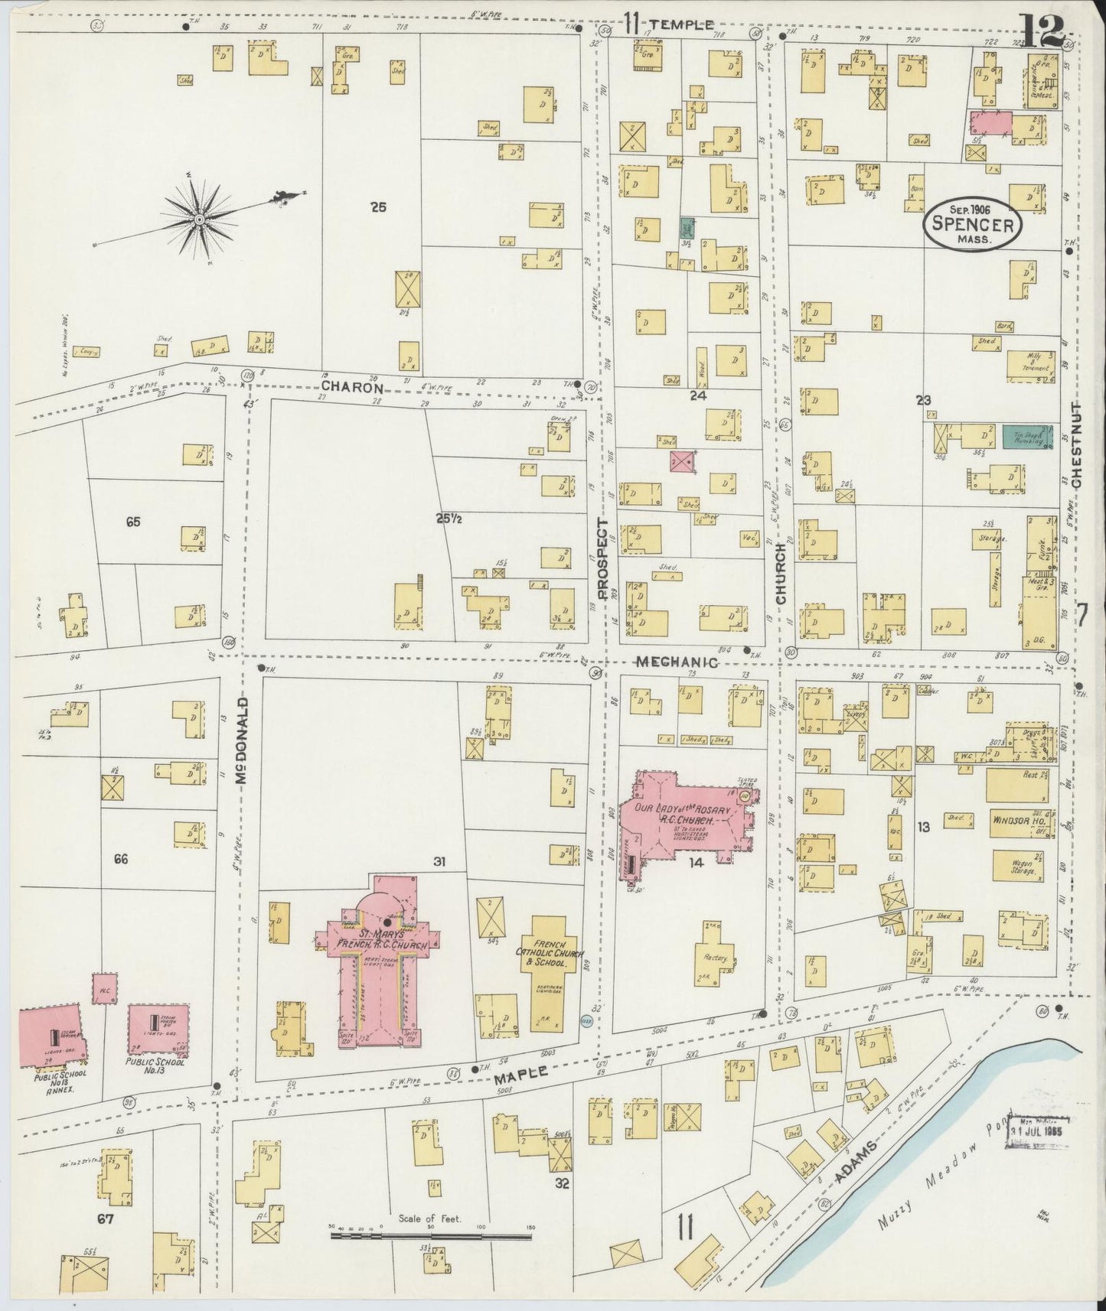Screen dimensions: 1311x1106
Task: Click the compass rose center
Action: (199, 220)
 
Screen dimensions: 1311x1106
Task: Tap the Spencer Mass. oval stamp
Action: (973, 225)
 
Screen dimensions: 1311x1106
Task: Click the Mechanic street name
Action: (676, 662)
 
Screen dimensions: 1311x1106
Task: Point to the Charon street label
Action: (351, 388)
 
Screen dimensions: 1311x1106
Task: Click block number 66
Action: (120, 859)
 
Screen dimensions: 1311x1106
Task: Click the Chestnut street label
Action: (1076, 446)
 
